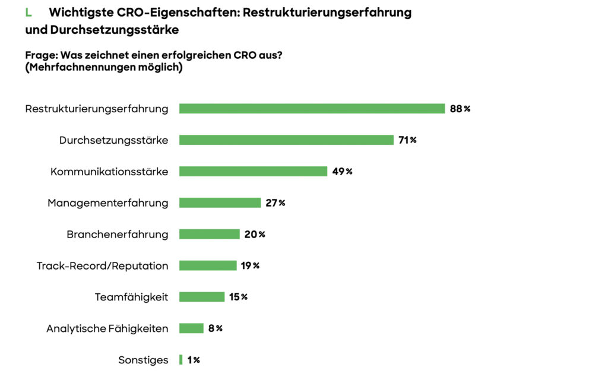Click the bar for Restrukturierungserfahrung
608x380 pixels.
(312, 109)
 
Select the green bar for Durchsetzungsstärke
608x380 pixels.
(286, 140)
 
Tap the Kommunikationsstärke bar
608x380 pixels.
(253, 172)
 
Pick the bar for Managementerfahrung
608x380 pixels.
(220, 203)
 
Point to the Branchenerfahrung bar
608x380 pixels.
(209, 235)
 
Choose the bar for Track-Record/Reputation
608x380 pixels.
(208, 265)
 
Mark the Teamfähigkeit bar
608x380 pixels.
(202, 297)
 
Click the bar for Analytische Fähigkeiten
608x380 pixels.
(191, 328)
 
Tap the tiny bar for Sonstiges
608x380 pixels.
(181, 360)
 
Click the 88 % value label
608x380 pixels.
(460, 109)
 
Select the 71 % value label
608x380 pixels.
(407, 140)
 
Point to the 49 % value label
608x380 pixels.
(342, 172)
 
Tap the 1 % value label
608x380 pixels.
(194, 360)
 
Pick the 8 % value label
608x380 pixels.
(215, 328)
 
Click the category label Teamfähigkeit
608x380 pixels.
(131, 297)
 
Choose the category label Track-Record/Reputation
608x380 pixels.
(102, 265)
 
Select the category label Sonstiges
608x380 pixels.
(143, 360)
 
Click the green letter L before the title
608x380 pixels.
(28, 12)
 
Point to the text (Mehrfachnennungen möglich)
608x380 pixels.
(103, 68)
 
